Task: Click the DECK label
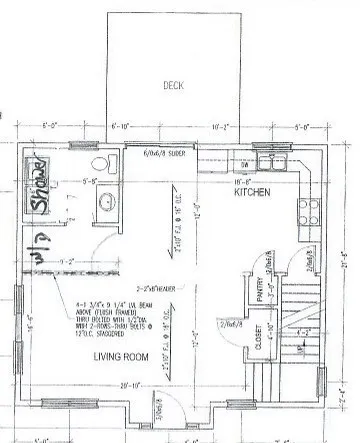click(x=173, y=86)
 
